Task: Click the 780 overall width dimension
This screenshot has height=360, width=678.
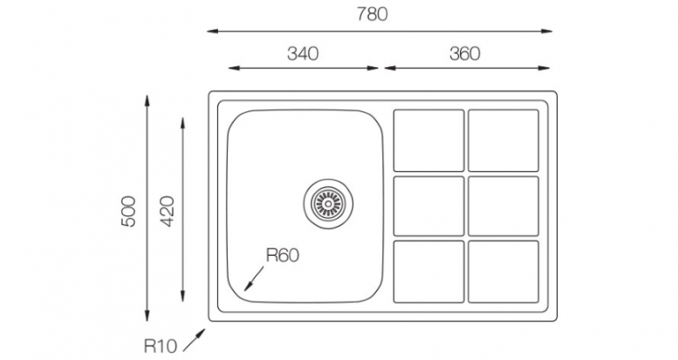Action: click(x=372, y=14)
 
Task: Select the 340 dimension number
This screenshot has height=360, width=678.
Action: click(x=303, y=53)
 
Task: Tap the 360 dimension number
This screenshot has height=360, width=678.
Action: click(x=465, y=53)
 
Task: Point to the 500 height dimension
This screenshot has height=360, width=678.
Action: click(x=128, y=211)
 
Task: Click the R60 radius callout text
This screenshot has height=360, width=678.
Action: click(x=282, y=255)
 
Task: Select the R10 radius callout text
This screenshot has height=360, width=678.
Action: click(x=160, y=346)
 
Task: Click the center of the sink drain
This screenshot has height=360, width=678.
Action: click(x=328, y=203)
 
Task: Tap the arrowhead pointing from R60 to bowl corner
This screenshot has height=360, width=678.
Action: click(x=247, y=288)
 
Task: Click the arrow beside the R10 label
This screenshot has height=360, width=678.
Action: click(x=193, y=340)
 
